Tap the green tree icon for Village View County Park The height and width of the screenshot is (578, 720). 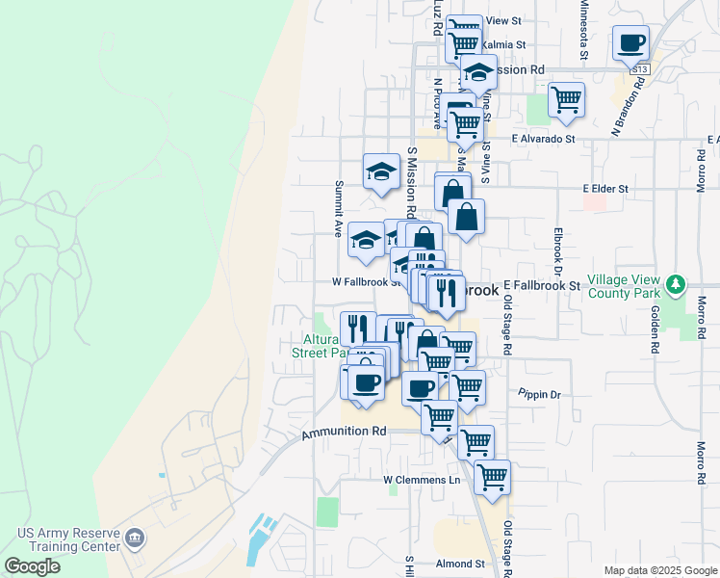677,285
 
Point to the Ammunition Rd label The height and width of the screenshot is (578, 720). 344,433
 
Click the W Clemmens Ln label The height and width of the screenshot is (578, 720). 423,479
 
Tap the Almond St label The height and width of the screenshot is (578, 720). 459,564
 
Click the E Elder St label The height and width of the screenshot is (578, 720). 605,189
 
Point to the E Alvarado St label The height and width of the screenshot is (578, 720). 543,139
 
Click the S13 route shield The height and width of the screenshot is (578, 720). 638,69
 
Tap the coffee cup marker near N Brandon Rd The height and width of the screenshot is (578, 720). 631,42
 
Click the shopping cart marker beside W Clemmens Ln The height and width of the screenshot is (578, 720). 492,476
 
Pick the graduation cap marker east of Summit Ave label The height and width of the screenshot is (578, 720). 381,172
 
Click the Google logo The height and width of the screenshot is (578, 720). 32,566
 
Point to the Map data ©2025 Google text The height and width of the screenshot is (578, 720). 659,570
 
